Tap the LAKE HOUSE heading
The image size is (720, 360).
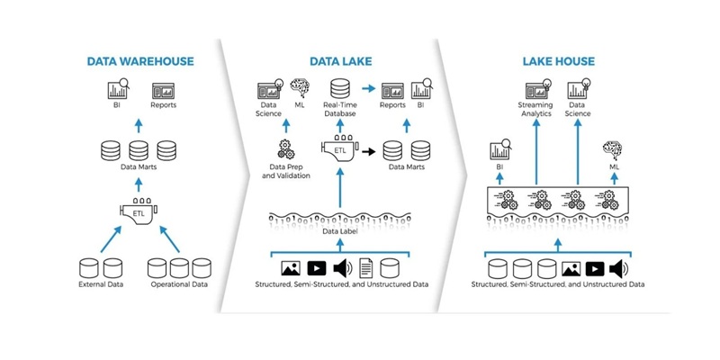coord(556,62)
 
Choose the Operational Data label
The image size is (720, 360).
coord(179,285)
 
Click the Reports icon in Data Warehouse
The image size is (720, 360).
coord(164,92)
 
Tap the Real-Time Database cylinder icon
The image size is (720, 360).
coord(340,90)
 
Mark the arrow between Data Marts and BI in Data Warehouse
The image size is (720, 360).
coord(139,123)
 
